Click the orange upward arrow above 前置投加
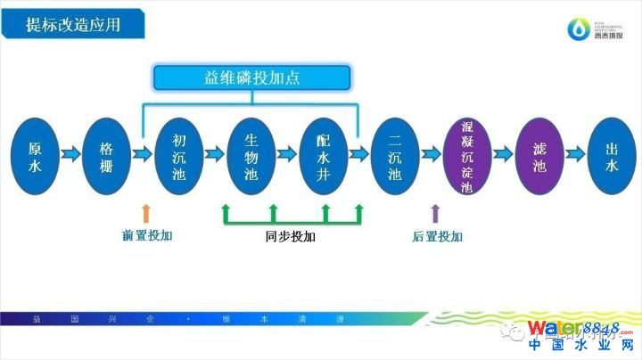tap(147, 213)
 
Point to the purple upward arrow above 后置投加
tap(435, 213)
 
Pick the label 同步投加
tap(291, 238)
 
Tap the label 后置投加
tap(438, 237)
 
